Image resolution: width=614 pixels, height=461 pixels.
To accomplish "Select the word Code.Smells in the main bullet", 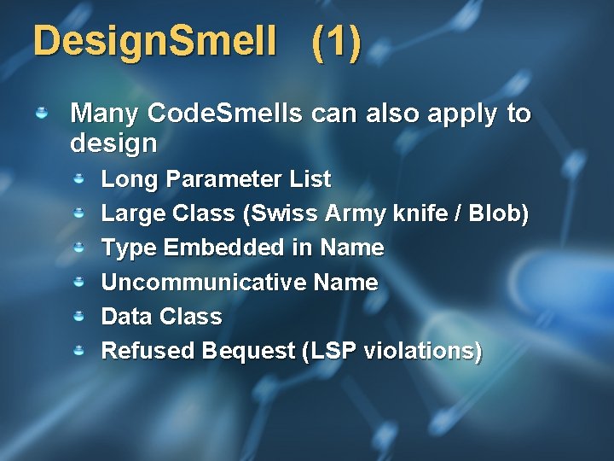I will (225, 113).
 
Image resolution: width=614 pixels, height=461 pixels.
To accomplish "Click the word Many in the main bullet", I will (105, 113).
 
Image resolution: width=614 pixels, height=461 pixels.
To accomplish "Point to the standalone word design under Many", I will (113, 143).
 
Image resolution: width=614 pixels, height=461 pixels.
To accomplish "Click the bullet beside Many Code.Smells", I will (41, 112).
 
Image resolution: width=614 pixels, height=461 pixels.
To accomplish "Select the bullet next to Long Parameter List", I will (78, 179).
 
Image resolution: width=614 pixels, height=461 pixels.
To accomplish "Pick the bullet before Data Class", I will (78, 316).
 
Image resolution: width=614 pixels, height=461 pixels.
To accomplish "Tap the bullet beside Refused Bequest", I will (78, 350).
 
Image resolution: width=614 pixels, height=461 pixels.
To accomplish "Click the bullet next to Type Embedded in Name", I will (78, 248).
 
